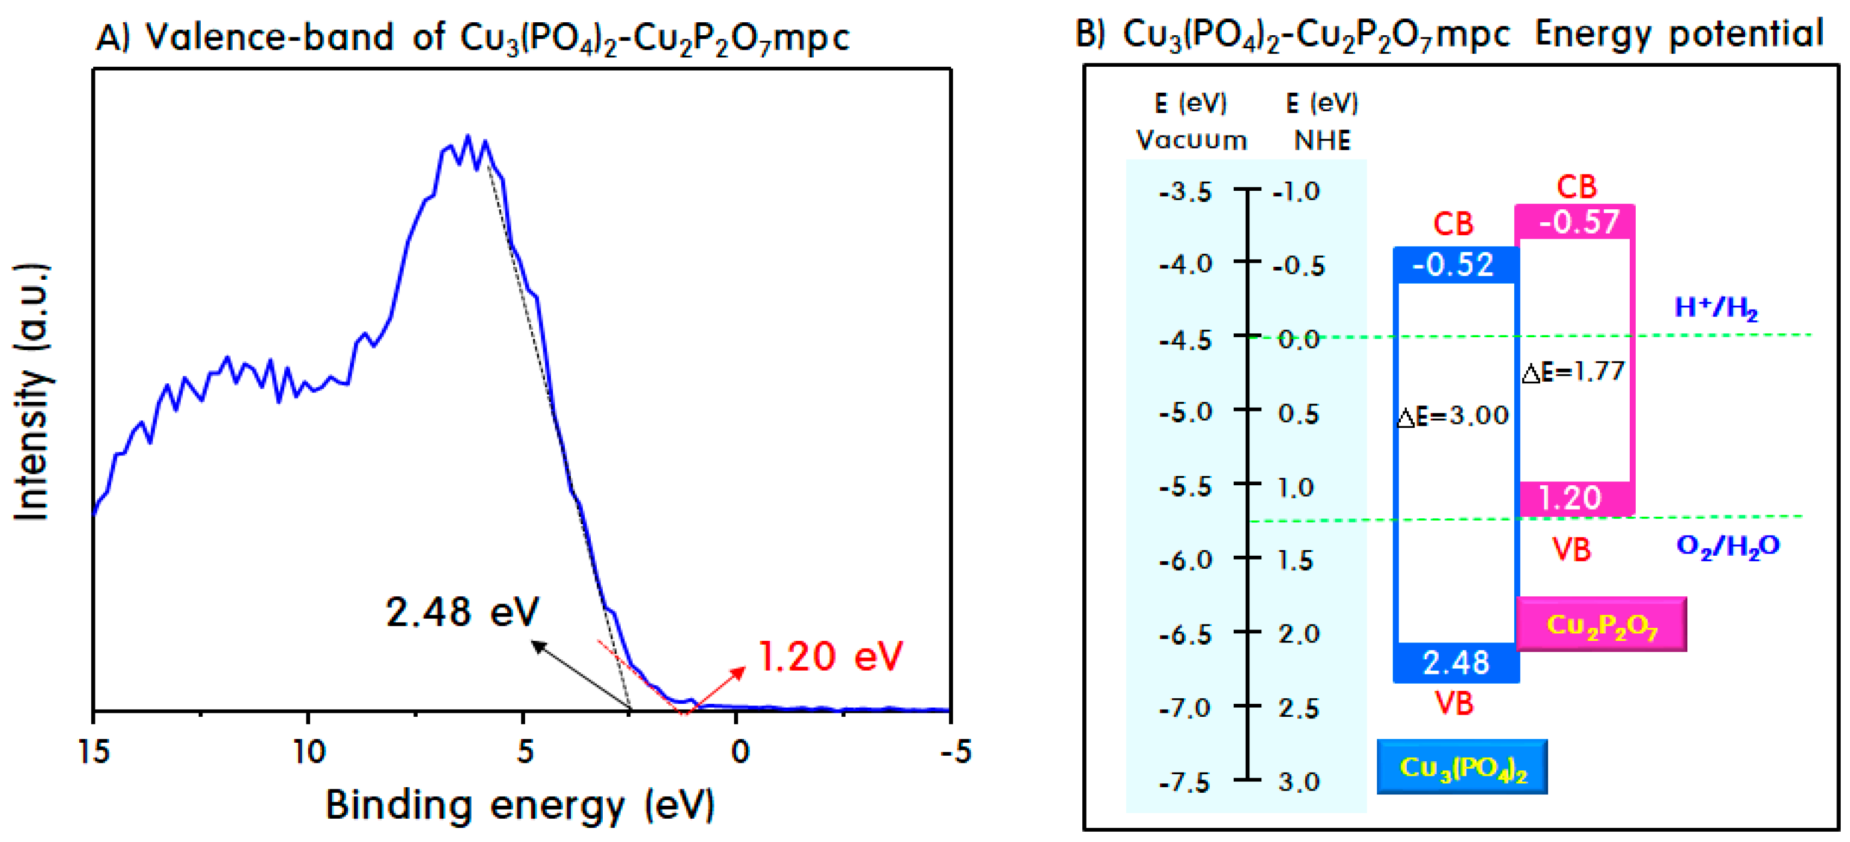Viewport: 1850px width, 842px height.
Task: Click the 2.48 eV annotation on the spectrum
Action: click(x=462, y=612)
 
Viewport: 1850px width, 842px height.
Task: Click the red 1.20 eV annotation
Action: click(x=830, y=656)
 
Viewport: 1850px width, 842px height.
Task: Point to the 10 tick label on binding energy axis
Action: click(x=309, y=751)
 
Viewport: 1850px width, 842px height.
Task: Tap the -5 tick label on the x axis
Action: click(x=956, y=751)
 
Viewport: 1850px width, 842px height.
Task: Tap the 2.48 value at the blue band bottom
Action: click(x=1456, y=662)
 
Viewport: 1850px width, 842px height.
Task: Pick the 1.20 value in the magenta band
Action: click(x=1570, y=498)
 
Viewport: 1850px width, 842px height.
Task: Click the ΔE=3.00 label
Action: click(x=1453, y=416)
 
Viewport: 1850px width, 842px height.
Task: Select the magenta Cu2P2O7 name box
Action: click(x=1601, y=625)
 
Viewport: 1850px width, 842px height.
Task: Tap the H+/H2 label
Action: click(x=1715, y=308)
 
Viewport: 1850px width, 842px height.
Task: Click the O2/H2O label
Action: click(x=1727, y=547)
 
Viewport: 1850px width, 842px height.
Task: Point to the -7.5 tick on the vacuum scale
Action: click(x=1185, y=782)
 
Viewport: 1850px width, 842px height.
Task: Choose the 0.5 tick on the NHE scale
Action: click(x=1298, y=414)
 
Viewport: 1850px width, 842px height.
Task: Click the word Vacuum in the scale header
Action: click(x=1191, y=140)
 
